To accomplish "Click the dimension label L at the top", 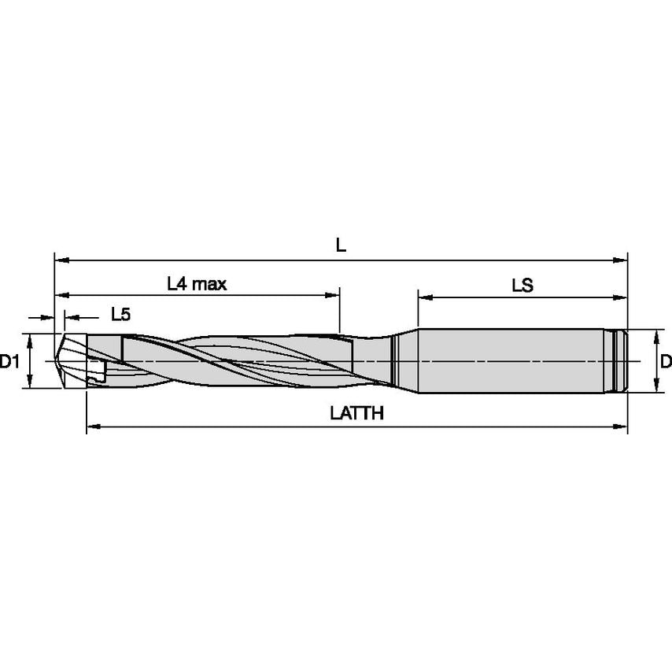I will (x=340, y=245).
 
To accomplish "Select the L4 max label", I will (x=197, y=283).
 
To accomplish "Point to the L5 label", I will (x=120, y=315).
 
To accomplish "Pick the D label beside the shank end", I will (x=665, y=362).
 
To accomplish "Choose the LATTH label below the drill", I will (x=356, y=413).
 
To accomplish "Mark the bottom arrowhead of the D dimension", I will (x=655, y=387).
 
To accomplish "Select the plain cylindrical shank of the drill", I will (x=511, y=360).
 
